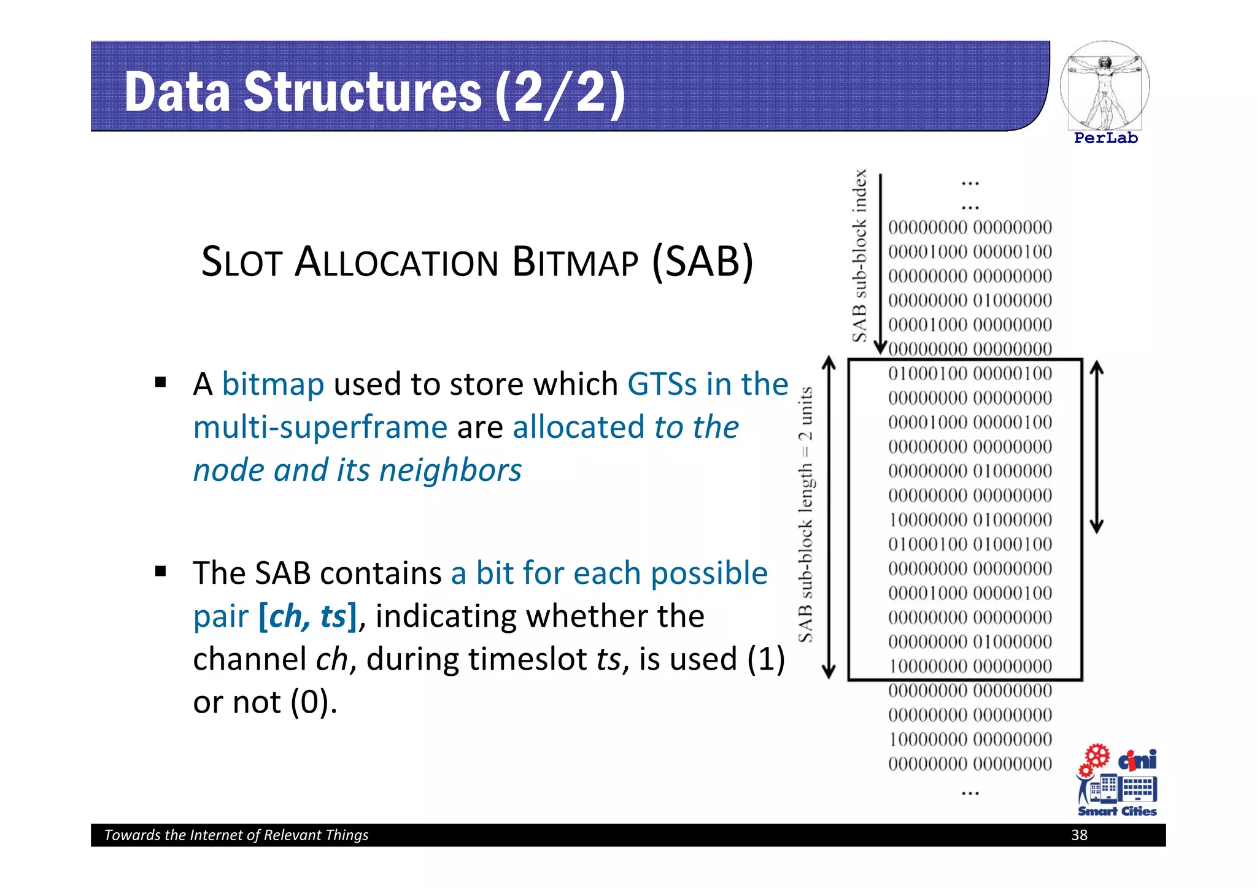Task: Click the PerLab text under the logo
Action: [1105, 138]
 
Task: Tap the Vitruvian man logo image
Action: [1104, 86]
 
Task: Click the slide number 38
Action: [1079, 835]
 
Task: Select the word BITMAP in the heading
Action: [574, 262]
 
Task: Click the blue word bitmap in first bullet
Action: [273, 385]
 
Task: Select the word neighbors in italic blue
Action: [451, 470]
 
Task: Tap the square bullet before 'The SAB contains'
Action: [161, 572]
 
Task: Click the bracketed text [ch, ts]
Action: [307, 616]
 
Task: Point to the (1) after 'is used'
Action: [766, 659]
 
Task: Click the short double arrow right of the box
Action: [1097, 446]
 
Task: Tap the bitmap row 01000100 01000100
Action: [970, 544]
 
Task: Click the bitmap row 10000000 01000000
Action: [970, 520]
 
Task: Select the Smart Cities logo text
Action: [1117, 811]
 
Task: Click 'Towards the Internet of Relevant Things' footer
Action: [236, 835]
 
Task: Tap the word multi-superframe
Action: [320, 427]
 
